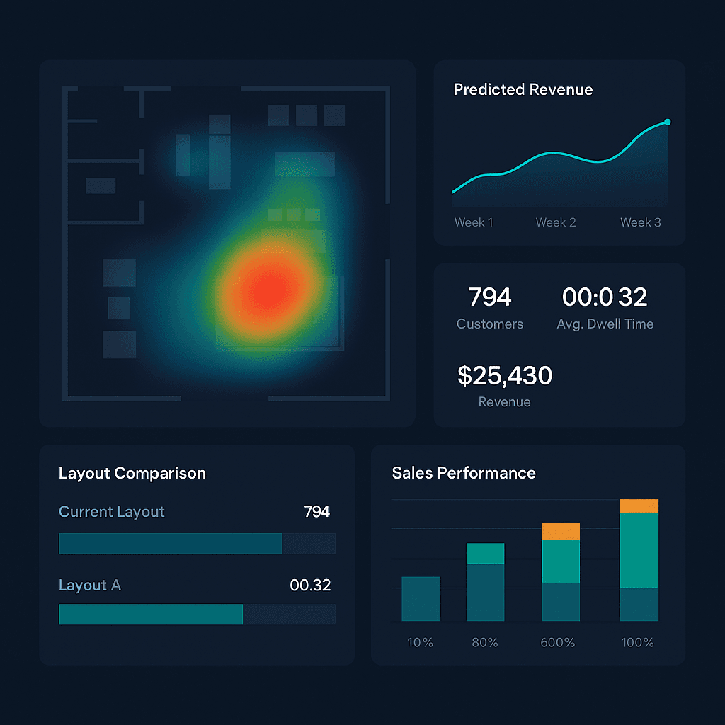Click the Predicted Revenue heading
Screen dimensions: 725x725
pyautogui.click(x=523, y=90)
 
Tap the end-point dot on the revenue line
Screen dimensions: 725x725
pyautogui.click(x=667, y=122)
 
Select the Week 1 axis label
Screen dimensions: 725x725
pyautogui.click(x=474, y=222)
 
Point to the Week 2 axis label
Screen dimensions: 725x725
pyautogui.click(x=556, y=222)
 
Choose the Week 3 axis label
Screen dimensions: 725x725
pyautogui.click(x=640, y=222)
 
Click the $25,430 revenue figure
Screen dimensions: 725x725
pyautogui.click(x=504, y=375)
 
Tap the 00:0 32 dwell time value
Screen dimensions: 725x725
pyautogui.click(x=605, y=297)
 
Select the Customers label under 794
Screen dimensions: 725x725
pyautogui.click(x=490, y=324)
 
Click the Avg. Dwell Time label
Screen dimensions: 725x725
pyautogui.click(x=605, y=324)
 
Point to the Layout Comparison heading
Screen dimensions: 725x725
pyautogui.click(x=132, y=473)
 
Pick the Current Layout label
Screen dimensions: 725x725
pyautogui.click(x=112, y=512)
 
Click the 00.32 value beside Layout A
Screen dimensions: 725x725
pyautogui.click(x=310, y=586)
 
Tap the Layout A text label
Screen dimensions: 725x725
pyautogui.click(x=90, y=586)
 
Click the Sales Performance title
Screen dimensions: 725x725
pyautogui.click(x=464, y=473)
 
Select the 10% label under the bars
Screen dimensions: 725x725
pyautogui.click(x=420, y=643)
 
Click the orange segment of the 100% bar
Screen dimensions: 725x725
pyautogui.click(x=639, y=506)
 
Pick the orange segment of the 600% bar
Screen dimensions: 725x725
pyautogui.click(x=561, y=531)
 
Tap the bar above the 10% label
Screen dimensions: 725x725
pyautogui.click(x=421, y=599)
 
